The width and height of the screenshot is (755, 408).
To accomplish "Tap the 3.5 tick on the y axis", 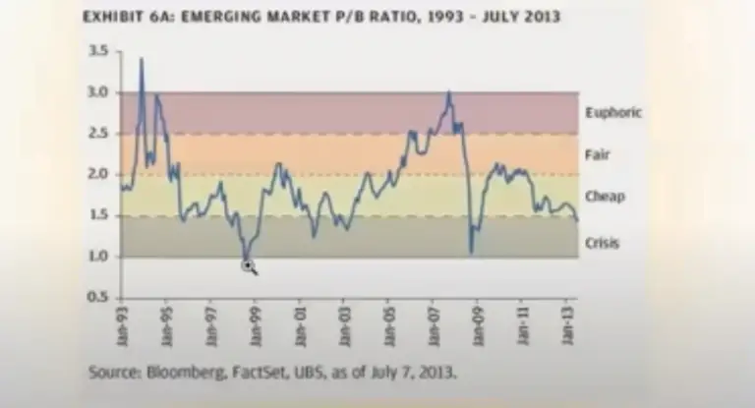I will pyautogui.click(x=97, y=50).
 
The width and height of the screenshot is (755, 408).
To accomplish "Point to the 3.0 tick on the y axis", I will pyautogui.click(x=97, y=92).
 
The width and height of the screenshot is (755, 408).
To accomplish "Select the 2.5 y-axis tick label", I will pyautogui.click(x=97, y=134).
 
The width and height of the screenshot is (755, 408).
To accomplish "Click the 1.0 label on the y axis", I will pyautogui.click(x=97, y=257).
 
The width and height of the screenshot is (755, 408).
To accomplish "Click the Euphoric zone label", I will pyautogui.click(x=612, y=112).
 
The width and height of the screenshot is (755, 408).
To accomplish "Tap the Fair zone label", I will pyautogui.click(x=597, y=154).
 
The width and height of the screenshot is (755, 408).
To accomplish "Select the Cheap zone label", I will pyautogui.click(x=604, y=197).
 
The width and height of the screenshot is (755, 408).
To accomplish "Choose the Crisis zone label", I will pyautogui.click(x=602, y=242).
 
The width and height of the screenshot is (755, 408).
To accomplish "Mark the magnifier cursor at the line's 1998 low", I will pyautogui.click(x=248, y=264).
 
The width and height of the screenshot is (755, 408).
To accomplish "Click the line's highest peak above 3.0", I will pyautogui.click(x=142, y=59).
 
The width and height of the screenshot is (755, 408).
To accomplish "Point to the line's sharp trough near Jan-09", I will pyautogui.click(x=471, y=252).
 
